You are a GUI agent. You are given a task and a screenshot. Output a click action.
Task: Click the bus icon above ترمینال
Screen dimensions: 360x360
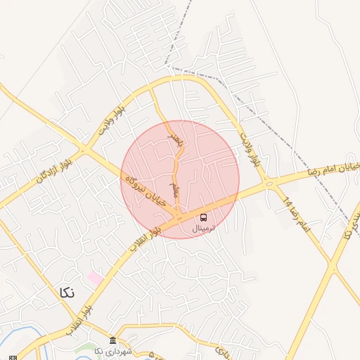click(x=204, y=217)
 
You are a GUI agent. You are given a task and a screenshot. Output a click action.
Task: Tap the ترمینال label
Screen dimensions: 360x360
click(x=204, y=228)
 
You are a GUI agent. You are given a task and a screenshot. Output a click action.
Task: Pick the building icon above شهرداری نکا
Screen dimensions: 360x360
click(x=112, y=340)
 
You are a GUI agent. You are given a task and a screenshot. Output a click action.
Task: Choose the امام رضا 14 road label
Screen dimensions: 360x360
click(x=296, y=215)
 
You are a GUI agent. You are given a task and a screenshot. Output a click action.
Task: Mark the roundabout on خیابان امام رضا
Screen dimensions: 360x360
click(x=269, y=184)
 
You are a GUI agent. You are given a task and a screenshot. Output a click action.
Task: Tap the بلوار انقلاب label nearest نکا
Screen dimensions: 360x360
click(x=78, y=316)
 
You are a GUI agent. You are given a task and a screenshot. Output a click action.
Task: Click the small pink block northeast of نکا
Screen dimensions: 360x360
click(x=95, y=278)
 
